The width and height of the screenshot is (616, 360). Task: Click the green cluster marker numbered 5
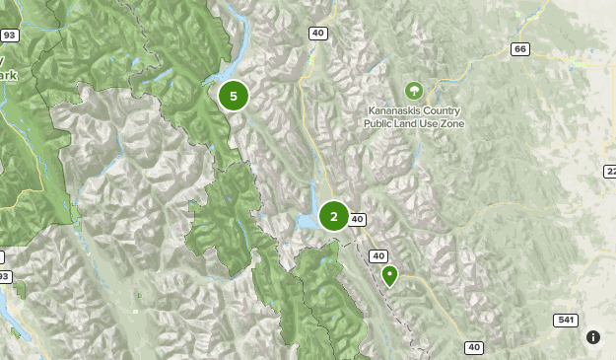234,97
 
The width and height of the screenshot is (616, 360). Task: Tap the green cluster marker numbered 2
334,216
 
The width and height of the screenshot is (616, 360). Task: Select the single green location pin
389,275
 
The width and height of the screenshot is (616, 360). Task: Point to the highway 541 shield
564,321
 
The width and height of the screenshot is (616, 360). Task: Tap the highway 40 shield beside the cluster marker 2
357,219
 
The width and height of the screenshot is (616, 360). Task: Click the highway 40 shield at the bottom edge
474,347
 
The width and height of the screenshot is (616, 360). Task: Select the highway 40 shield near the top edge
317,33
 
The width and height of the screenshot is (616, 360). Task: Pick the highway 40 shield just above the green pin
378,255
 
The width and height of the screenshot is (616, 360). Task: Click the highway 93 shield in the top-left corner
9,36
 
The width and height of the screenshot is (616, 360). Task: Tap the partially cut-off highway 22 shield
610,172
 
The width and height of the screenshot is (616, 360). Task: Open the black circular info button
593,337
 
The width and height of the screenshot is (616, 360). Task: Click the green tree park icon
413,92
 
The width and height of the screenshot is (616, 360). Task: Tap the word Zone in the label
452,124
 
